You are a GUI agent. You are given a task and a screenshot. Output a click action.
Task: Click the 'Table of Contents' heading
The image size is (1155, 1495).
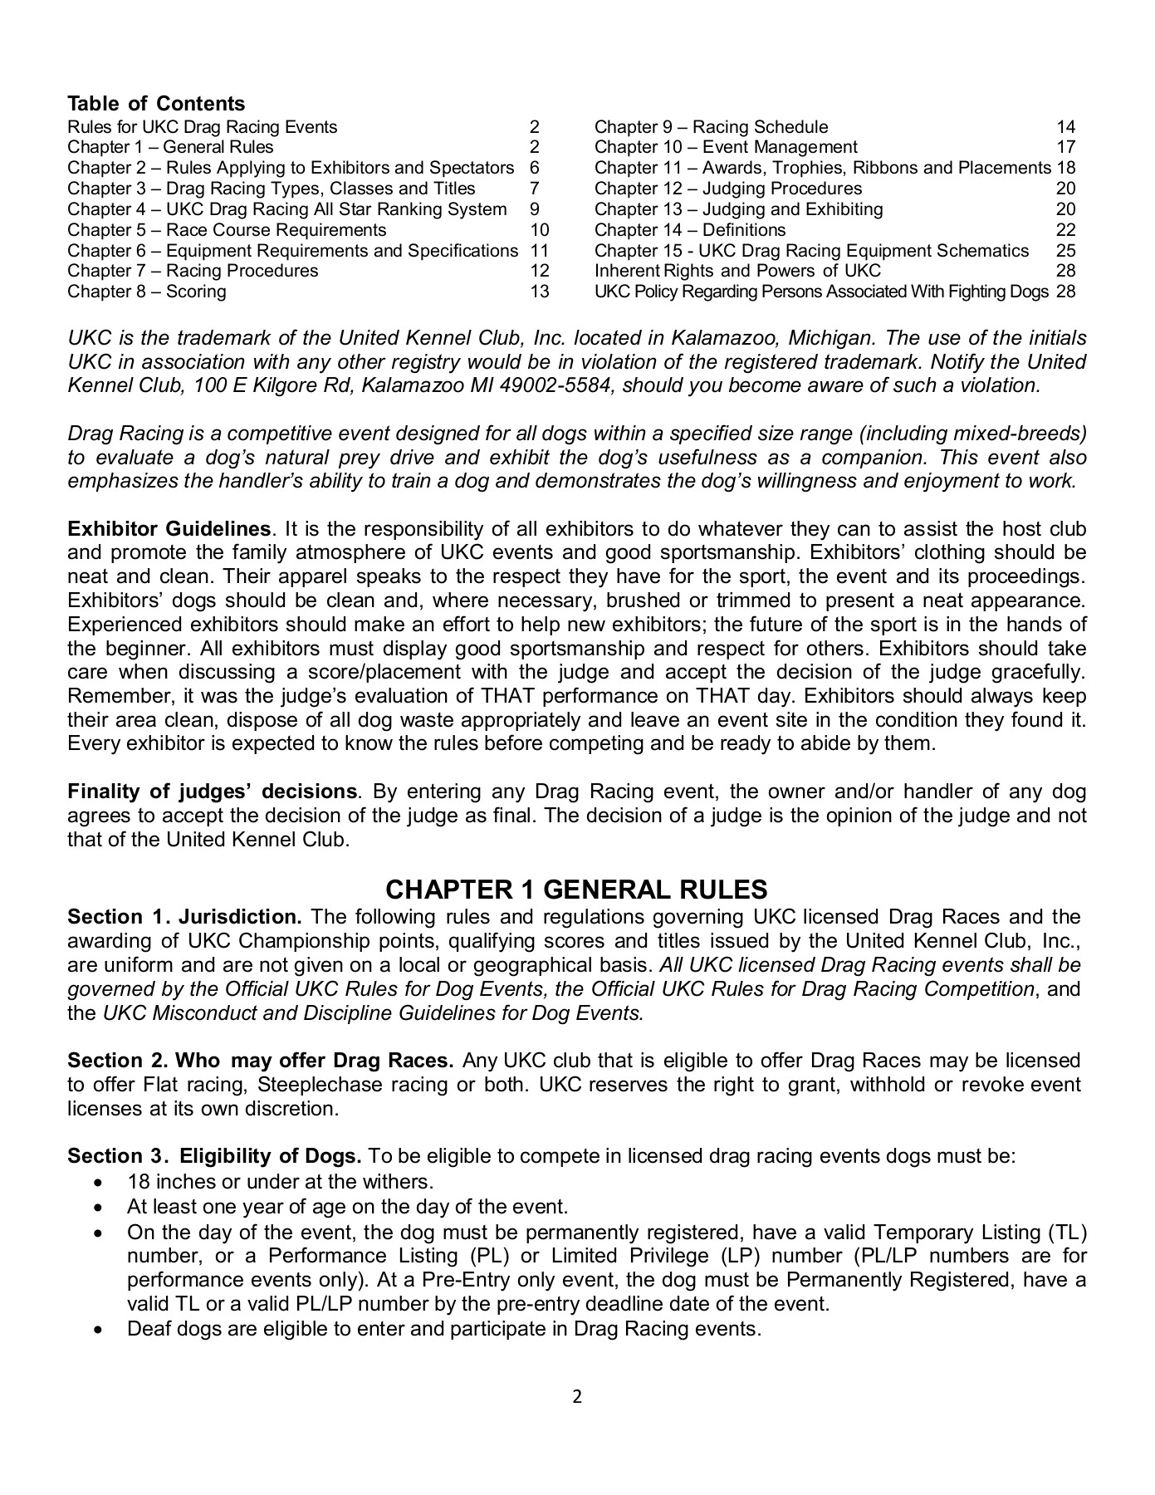tap(156, 104)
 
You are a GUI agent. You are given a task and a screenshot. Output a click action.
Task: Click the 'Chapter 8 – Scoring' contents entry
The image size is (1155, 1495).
tap(146, 292)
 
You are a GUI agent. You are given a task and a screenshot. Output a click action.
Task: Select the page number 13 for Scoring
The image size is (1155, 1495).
tap(540, 292)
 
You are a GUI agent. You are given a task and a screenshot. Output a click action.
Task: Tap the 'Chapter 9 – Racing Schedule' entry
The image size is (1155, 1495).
tap(711, 127)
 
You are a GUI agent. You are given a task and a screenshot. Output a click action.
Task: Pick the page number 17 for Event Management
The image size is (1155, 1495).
tap(1065, 147)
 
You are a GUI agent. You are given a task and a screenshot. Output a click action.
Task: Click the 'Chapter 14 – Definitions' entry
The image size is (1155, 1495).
tap(689, 230)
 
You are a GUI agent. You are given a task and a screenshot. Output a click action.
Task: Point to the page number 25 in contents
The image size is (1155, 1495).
tap(1065, 251)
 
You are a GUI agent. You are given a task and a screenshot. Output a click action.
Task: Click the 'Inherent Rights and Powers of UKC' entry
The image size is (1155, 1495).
tap(737, 271)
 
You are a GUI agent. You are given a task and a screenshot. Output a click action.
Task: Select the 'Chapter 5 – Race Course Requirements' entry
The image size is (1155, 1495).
tap(227, 230)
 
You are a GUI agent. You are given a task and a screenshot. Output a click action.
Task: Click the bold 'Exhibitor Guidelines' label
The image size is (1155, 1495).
tap(169, 530)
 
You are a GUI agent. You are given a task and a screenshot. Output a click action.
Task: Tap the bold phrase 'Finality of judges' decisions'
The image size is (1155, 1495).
tap(212, 792)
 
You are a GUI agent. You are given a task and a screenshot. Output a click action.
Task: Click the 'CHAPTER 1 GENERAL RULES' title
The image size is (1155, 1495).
tap(576, 890)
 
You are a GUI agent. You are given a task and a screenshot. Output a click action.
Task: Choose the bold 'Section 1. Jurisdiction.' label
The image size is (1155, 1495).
tap(184, 918)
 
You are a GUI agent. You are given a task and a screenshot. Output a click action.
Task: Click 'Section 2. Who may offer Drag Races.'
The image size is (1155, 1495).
tap(260, 1061)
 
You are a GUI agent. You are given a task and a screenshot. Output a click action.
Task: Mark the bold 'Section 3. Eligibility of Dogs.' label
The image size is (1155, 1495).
tap(214, 1157)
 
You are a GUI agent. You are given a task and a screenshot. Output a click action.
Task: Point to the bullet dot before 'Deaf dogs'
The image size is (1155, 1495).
tap(100, 1330)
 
